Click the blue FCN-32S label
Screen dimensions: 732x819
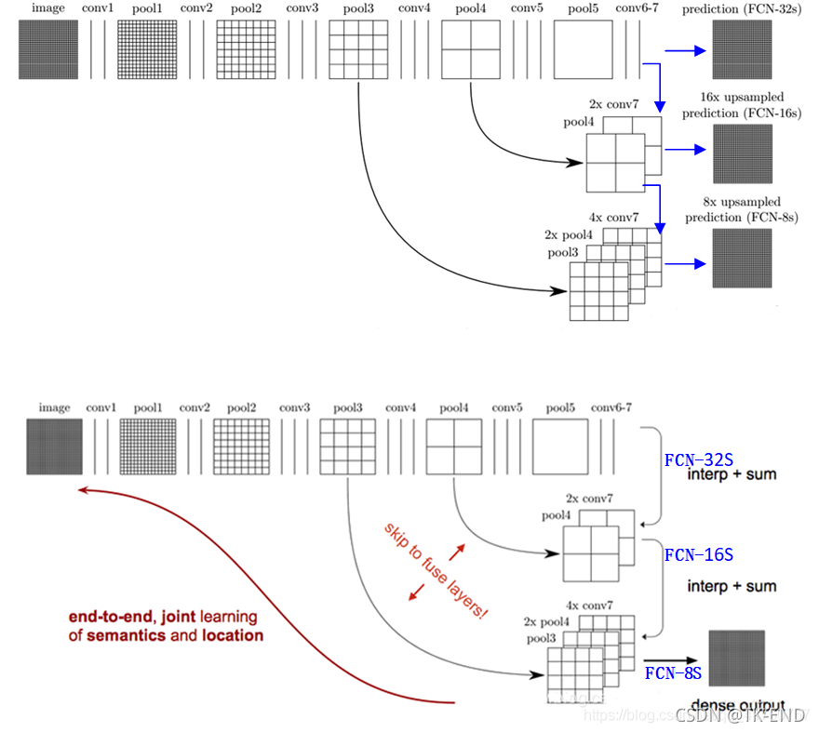(x=699, y=460)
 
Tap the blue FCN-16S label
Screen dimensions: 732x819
(x=699, y=555)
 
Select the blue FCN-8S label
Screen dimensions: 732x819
(x=672, y=672)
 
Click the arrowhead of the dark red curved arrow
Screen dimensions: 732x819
(x=82, y=490)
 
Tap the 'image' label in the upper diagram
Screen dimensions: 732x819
(x=47, y=8)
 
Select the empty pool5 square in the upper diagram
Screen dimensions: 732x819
(x=584, y=49)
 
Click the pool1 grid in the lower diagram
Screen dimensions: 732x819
(x=147, y=447)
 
